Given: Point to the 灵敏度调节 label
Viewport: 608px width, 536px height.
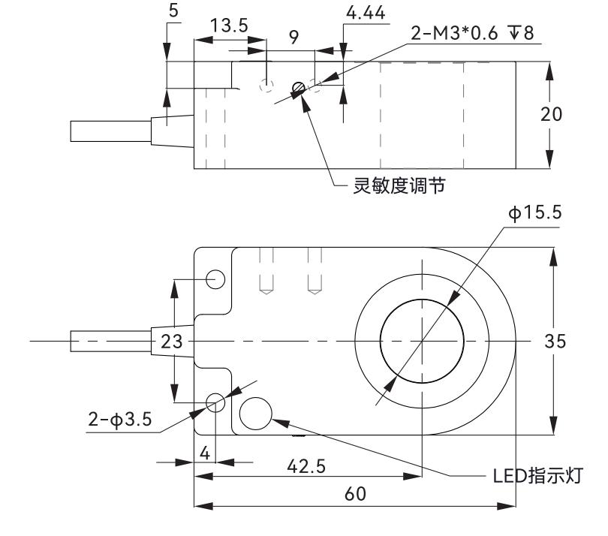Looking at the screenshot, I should coord(399,185).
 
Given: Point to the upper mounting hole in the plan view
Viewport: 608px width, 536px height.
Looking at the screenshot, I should coord(216,279).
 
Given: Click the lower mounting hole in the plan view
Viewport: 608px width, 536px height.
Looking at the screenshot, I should coord(216,402).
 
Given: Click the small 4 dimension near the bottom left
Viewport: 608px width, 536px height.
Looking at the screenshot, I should coord(203,453).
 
